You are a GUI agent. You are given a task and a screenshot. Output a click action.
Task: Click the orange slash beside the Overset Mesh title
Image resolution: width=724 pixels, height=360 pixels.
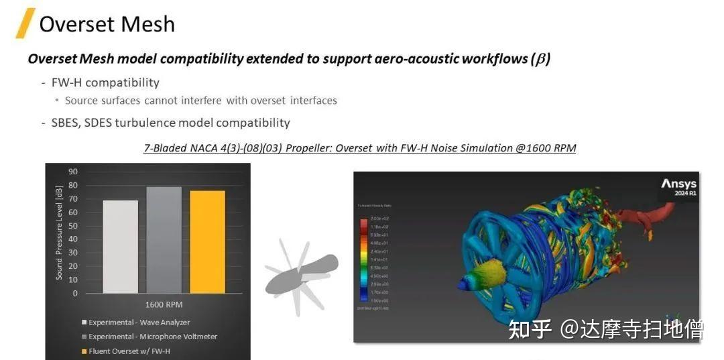[x=25, y=23]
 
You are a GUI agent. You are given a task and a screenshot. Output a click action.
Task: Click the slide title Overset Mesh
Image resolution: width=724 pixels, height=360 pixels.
[x=107, y=24]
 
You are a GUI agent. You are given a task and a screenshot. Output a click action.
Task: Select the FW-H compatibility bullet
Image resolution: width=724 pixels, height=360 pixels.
[x=105, y=82]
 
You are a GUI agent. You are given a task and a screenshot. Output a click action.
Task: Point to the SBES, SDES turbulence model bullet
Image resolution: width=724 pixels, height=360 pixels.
[x=170, y=123]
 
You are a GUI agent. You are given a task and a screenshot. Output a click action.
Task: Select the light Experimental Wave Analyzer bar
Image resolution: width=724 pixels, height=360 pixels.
[x=121, y=246]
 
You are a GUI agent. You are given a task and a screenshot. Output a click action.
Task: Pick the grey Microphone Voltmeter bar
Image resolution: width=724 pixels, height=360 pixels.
[x=164, y=239]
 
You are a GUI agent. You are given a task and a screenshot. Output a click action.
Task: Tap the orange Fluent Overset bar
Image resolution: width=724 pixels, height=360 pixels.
[x=208, y=241]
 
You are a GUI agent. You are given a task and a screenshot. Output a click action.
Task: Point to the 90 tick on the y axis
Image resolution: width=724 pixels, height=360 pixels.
[x=73, y=172]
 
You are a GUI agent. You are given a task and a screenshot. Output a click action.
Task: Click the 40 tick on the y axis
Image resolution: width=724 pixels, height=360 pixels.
[x=73, y=239]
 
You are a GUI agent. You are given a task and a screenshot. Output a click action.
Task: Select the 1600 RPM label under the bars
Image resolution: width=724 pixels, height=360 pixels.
[x=164, y=304]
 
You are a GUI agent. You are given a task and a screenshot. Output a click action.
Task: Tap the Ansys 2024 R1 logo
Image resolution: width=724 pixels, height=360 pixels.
[x=678, y=186]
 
